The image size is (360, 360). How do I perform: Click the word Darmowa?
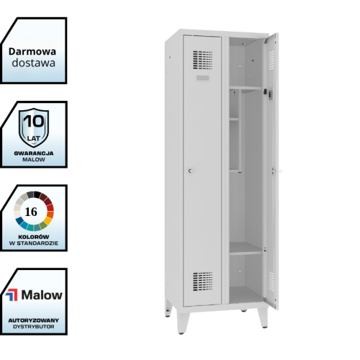point(32,52)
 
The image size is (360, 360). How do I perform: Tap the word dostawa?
point(33,63)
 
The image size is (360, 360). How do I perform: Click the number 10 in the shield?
point(34,121)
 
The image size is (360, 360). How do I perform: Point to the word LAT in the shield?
point(34,138)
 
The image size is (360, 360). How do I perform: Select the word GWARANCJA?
point(34,153)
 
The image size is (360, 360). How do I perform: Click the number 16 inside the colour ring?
point(31,212)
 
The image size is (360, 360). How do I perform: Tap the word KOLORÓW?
point(34,237)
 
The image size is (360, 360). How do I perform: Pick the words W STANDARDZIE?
point(34,243)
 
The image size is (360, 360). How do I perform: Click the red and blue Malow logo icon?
point(12,295)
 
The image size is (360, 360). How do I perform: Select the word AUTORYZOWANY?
point(34,320)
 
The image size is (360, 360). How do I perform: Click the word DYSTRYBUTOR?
point(34,327)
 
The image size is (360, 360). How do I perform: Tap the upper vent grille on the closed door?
point(202,60)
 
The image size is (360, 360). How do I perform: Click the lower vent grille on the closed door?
point(202,282)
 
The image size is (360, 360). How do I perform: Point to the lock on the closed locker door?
point(190,171)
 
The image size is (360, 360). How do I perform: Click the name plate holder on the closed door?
point(202,78)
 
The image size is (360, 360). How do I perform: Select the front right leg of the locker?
point(263,318)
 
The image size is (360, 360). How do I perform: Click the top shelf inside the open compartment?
point(246,88)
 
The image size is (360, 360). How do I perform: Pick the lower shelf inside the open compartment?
point(246,248)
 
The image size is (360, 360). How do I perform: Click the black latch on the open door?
point(265,91)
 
